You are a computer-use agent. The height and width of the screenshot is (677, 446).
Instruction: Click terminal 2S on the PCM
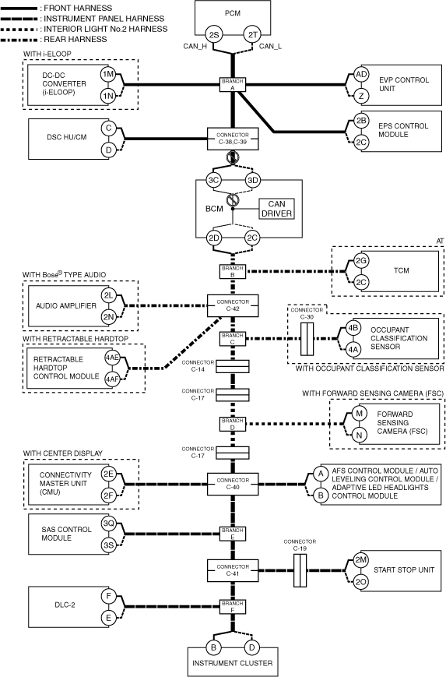pos(213,34)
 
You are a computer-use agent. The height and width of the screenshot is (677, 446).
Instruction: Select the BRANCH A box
pos(233,85)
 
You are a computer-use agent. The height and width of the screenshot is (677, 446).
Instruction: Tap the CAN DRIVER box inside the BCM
pos(276,209)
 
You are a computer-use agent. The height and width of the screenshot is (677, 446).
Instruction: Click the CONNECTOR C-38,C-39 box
pos(233,139)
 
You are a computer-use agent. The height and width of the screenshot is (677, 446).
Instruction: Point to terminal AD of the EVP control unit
pos(361,74)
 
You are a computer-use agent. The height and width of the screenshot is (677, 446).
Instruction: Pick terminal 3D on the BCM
pos(253,180)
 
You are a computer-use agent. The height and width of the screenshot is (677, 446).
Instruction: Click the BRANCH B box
pos(233,272)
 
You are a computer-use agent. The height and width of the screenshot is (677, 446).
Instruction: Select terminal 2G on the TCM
pos(361,260)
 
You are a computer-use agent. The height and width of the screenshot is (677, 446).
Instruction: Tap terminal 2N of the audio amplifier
pos(108,317)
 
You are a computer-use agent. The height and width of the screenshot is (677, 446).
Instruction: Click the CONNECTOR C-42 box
pos(233,305)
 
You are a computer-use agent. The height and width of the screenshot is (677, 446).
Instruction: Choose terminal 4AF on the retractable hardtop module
pos(112,379)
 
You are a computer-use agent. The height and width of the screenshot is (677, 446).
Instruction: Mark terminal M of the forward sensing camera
pos(359,414)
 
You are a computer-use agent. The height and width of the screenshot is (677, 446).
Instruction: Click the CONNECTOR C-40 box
pos(233,484)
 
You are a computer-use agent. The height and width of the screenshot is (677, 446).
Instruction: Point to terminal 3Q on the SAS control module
pos(108,524)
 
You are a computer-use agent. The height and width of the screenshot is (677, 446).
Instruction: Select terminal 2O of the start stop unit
pos(361,582)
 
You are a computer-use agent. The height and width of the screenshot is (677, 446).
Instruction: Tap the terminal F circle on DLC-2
pos(108,597)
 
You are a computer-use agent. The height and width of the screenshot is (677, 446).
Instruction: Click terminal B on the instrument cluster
pos(213,647)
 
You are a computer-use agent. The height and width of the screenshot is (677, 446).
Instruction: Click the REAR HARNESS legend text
pos(76,39)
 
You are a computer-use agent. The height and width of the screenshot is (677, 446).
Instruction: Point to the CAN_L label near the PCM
pos(270,46)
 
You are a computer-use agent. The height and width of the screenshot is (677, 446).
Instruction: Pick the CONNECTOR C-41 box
pos(233,570)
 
